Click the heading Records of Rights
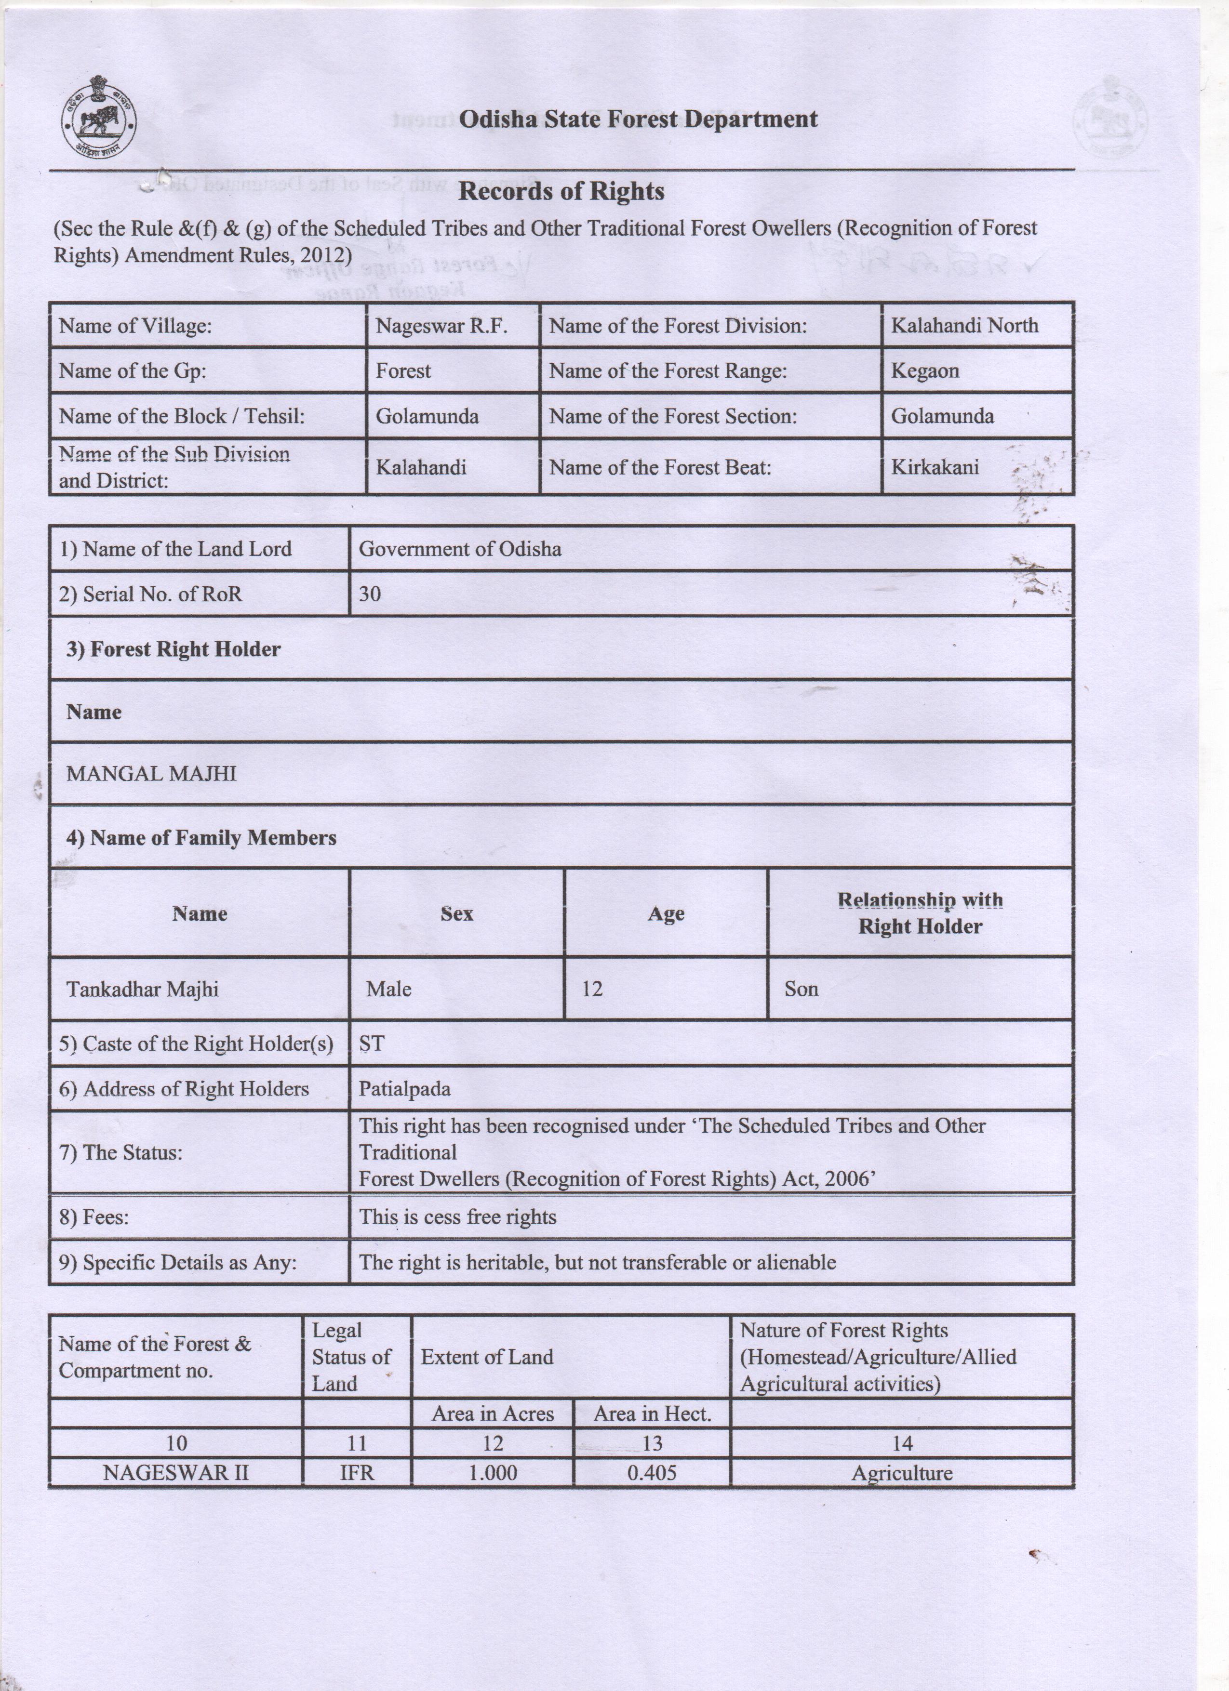tap(561, 192)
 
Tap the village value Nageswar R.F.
tap(441, 326)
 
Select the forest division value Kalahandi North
tap(964, 325)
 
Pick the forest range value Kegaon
tap(925, 370)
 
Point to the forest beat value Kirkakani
tap(935, 467)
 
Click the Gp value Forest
tap(403, 370)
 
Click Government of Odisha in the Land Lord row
tap(460, 549)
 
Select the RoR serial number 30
tap(370, 594)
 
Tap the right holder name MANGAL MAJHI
tap(151, 773)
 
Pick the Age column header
tap(666, 913)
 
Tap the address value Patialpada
tap(404, 1089)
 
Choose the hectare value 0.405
tap(652, 1473)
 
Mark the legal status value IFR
tap(357, 1473)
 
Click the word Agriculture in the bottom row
tap(902, 1473)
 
